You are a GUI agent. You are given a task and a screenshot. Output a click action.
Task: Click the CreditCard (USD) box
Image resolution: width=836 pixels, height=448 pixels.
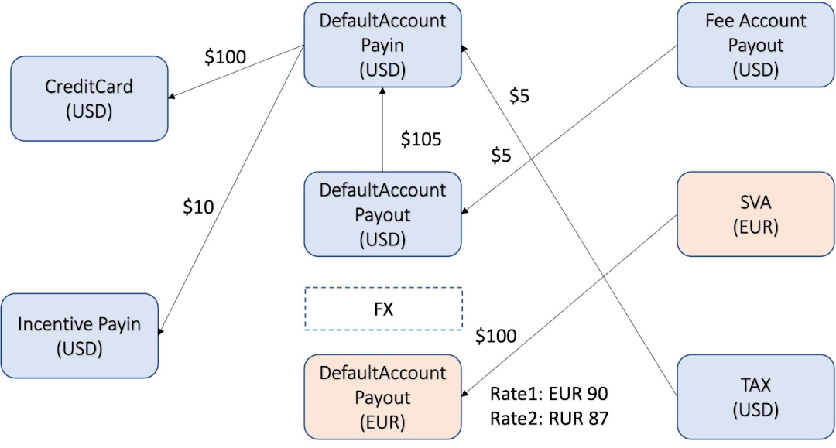pos(89,98)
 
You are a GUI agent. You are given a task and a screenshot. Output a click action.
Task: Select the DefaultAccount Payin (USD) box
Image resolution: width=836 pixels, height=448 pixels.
pos(382,45)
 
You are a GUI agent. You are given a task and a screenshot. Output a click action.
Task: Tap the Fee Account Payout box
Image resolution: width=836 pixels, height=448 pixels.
pos(755,45)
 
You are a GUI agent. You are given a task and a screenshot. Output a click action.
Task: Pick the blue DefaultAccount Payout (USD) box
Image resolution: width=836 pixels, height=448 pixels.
pos(382,214)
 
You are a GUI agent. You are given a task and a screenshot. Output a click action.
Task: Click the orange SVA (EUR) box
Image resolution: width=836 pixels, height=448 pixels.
pos(755,214)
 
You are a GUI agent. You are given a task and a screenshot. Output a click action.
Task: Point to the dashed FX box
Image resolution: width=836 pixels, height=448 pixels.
pos(383,309)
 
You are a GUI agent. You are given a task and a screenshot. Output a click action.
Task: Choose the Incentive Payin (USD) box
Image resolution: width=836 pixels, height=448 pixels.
pos(80,336)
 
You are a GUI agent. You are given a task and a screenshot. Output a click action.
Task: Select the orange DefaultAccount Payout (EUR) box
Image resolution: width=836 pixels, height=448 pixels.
pos(382,397)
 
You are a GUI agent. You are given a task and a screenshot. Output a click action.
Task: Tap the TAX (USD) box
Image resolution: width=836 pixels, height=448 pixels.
pos(755,397)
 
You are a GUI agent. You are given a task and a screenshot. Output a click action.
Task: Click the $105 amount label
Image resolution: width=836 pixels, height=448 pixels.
pos(421,139)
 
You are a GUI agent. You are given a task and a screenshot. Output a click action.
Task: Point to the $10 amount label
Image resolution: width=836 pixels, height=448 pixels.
pos(198,207)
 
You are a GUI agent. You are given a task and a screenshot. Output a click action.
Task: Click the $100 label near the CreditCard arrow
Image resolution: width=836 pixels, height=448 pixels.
pos(225,56)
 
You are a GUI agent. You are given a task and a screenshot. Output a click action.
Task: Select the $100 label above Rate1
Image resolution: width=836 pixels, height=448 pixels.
pos(496,336)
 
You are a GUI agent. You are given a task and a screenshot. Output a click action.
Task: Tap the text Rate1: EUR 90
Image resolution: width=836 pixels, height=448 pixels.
pos(549,394)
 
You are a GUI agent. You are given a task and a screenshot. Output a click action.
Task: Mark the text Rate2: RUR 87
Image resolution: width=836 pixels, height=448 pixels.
pos(549,418)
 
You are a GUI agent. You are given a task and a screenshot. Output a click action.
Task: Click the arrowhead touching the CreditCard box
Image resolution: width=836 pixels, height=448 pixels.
pos(172,97)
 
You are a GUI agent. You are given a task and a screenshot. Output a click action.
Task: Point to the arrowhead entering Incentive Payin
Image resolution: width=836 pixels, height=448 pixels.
pos(160,331)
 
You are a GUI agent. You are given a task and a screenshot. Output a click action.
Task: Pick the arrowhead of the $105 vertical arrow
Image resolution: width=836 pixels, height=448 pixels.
pos(382,91)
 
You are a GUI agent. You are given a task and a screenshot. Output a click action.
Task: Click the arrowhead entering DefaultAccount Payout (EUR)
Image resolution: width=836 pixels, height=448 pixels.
pos(464,394)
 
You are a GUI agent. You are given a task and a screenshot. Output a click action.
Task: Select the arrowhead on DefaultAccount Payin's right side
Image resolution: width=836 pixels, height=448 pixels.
pos(464,49)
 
